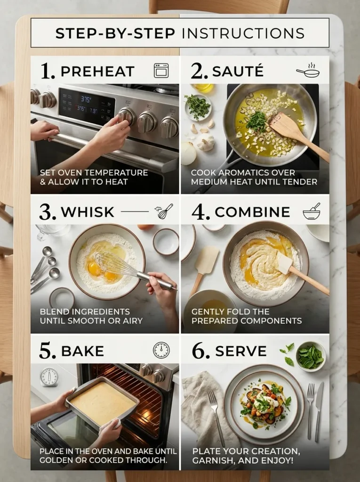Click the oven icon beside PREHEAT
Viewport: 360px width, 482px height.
pyautogui.click(x=161, y=71)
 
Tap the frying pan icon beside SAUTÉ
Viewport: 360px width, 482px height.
pyautogui.click(x=308, y=72)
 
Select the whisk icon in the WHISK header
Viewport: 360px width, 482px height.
pyautogui.click(x=165, y=211)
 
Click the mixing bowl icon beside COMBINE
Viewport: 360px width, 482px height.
pyautogui.click(x=312, y=212)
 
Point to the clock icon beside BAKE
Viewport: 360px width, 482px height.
pyautogui.click(x=161, y=350)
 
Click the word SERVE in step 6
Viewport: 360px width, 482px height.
pyautogui.click(x=240, y=351)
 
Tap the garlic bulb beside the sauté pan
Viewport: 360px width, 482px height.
pyautogui.click(x=206, y=142)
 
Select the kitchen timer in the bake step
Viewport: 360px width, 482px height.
pyautogui.click(x=49, y=377)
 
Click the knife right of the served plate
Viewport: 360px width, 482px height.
pyautogui.click(x=319, y=409)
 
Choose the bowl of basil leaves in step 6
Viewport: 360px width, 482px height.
pyautogui.click(x=311, y=357)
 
